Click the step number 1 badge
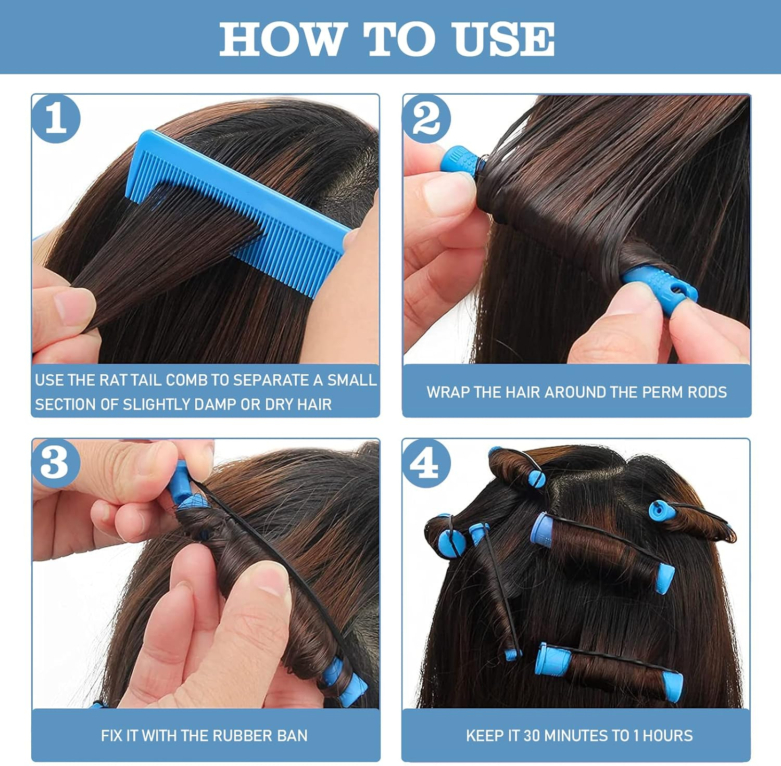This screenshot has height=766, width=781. coord(56,119)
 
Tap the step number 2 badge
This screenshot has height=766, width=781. coord(426,119)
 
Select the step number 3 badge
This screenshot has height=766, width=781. coord(56,463)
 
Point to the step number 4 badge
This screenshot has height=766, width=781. coord(426,463)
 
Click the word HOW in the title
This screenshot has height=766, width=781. coord(283,39)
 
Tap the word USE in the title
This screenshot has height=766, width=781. coord(503,39)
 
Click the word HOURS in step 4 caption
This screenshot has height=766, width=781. coord(668,735)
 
